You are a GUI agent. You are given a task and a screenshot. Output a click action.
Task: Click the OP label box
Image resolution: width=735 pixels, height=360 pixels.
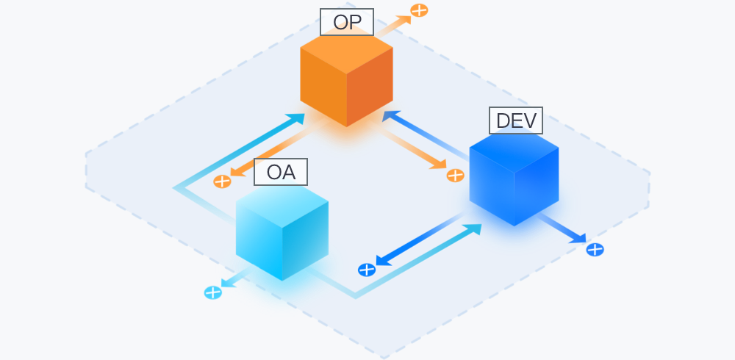pyautogui.click(x=347, y=22)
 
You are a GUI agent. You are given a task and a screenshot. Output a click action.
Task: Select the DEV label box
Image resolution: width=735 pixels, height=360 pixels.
pyautogui.click(x=516, y=120)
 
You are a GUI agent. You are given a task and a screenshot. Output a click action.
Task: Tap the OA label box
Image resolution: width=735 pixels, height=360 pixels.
pyautogui.click(x=281, y=172)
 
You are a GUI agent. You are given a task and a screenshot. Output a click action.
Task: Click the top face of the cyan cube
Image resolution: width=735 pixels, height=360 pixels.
pyautogui.click(x=282, y=205)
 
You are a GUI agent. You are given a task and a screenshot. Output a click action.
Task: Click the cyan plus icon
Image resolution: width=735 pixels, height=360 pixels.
pyautogui.click(x=213, y=293)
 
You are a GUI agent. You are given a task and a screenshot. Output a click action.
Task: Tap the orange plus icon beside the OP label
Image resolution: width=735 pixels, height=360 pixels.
pyautogui.click(x=419, y=10)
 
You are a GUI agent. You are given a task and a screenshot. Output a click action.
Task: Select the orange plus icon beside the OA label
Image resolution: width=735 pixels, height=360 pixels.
pyautogui.click(x=222, y=181)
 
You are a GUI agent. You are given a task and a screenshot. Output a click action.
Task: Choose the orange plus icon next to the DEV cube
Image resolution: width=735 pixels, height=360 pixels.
pyautogui.click(x=455, y=176)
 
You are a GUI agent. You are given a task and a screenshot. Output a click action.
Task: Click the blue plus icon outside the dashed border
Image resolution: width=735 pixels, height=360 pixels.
pyautogui.click(x=595, y=250)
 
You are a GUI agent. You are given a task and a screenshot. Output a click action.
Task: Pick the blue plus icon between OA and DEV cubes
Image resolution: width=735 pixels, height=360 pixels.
pyautogui.click(x=367, y=270)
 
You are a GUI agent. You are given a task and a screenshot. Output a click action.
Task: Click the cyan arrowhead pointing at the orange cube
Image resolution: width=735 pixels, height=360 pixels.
pyautogui.click(x=296, y=118)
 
